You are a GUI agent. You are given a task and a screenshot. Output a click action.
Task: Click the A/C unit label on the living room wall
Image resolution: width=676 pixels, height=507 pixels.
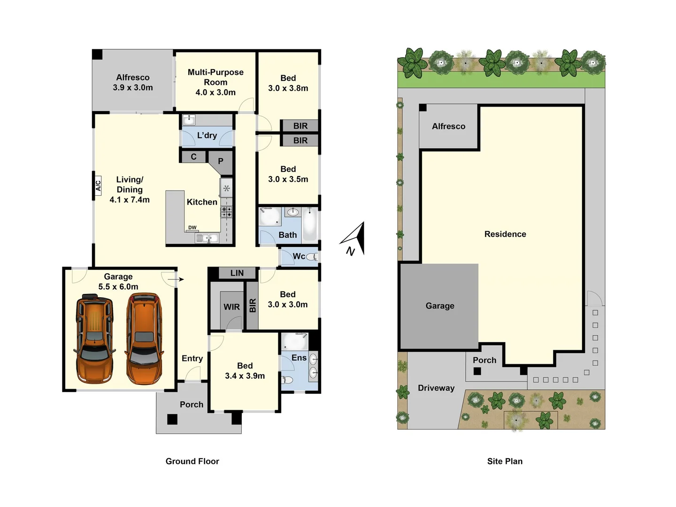coord(98,186)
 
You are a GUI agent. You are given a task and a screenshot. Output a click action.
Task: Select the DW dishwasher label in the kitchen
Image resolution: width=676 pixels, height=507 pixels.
coord(192,228)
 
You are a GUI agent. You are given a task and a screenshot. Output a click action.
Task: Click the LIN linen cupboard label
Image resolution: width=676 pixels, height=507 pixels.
coord(237,273)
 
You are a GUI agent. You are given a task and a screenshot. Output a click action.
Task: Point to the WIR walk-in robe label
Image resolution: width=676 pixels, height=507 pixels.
coord(231,307)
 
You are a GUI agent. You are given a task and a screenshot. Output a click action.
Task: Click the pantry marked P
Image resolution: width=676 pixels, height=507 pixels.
coord(221,161)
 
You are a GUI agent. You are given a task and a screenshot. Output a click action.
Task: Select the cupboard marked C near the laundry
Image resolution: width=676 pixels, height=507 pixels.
coord(193,157)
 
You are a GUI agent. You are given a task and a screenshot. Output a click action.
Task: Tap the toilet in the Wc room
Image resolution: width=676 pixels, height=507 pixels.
coord(312,257)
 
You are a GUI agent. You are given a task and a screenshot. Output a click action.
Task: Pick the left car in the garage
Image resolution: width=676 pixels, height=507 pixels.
coord(94,338)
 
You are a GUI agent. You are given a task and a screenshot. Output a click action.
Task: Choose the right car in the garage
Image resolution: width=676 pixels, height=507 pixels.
coord(144,338)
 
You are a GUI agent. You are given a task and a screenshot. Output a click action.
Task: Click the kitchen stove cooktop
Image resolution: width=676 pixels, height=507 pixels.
coord(227,212)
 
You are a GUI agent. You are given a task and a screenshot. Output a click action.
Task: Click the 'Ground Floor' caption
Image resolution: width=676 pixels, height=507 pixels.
coord(192,461)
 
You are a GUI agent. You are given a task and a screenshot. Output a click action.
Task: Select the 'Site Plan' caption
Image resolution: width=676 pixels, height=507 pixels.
coord(505,461)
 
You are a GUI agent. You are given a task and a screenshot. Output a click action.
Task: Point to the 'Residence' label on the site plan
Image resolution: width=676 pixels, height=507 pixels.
coord(505,234)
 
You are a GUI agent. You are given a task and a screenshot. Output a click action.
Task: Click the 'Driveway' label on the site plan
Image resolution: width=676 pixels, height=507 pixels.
coord(436,388)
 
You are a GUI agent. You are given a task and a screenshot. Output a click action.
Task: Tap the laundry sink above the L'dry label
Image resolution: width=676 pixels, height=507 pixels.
coord(189,120)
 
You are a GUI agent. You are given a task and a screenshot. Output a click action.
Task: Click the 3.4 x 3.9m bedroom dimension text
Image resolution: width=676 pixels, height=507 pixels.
coord(245,376)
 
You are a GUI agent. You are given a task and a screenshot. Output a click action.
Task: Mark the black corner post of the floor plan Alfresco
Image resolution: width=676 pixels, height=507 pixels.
coord(97,54)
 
